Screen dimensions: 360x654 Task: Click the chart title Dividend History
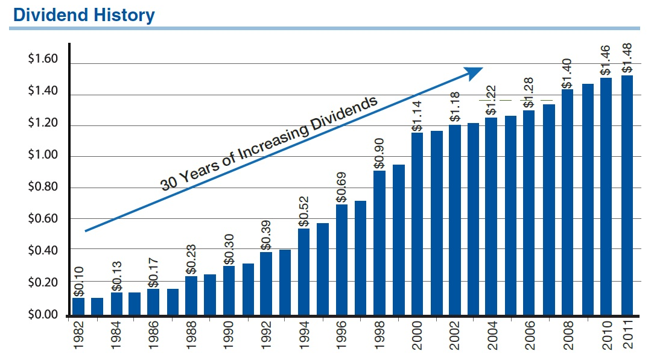coord(83,14)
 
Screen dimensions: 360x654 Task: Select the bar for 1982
coord(78,306)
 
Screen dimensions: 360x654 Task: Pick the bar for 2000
coord(417,224)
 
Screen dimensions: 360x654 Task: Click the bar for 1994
coord(304,271)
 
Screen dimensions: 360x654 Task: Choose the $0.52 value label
coord(303,211)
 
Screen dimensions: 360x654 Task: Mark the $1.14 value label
coord(417,116)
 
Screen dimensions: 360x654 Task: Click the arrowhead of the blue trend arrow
coord(475,71)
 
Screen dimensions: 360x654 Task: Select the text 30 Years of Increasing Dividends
coord(268,143)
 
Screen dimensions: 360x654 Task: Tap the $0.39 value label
coord(266,235)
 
